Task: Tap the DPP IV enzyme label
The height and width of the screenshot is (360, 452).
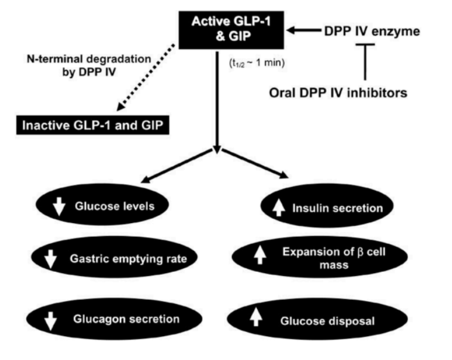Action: pyautogui.click(x=368, y=31)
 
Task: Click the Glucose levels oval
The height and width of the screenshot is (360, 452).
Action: pyautogui.click(x=100, y=207)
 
